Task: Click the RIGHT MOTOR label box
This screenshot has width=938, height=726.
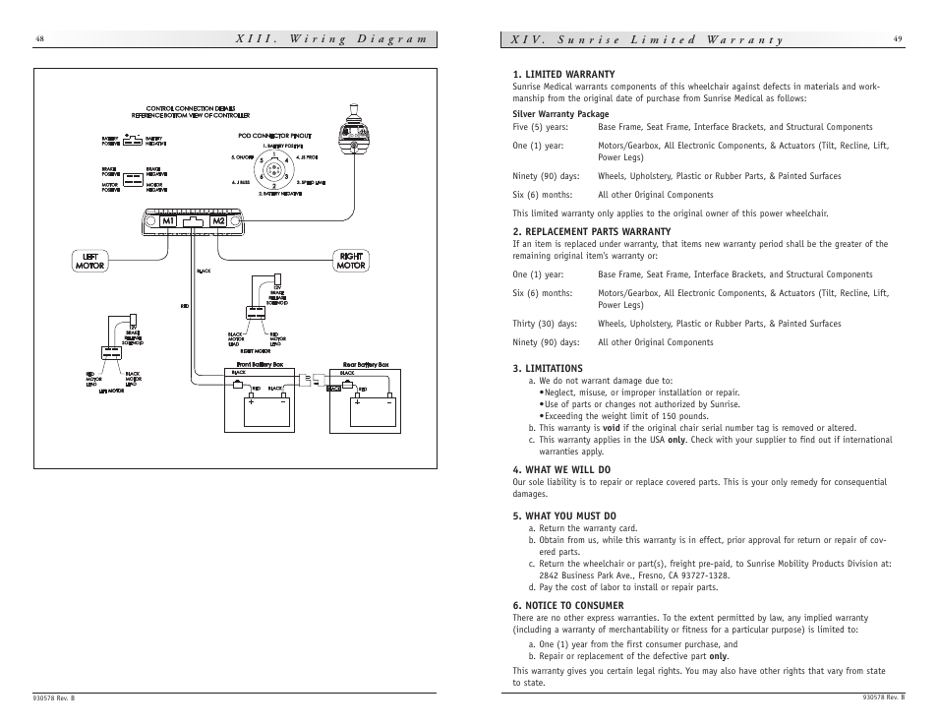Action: click(x=351, y=261)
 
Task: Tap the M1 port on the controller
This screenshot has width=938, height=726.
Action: click(x=169, y=221)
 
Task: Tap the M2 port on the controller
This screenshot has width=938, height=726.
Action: click(x=219, y=221)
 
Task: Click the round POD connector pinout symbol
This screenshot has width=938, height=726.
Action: click(x=274, y=170)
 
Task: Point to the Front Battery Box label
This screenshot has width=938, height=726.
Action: click(x=254, y=364)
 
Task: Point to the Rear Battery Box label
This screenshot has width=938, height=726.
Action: click(x=365, y=364)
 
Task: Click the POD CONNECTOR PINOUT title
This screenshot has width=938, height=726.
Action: click(x=274, y=136)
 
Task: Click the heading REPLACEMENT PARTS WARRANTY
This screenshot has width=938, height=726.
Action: click(x=591, y=231)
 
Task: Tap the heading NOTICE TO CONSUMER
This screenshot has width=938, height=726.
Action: click(x=568, y=605)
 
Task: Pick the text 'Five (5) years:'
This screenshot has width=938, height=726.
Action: click(x=540, y=127)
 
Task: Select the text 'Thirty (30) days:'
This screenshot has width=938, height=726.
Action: click(x=545, y=324)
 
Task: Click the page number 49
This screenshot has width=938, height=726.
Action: click(x=898, y=38)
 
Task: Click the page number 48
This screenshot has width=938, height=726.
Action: click(x=39, y=39)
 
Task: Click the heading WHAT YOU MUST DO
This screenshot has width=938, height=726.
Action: click(x=564, y=515)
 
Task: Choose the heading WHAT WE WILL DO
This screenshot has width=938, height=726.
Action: click(x=561, y=469)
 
